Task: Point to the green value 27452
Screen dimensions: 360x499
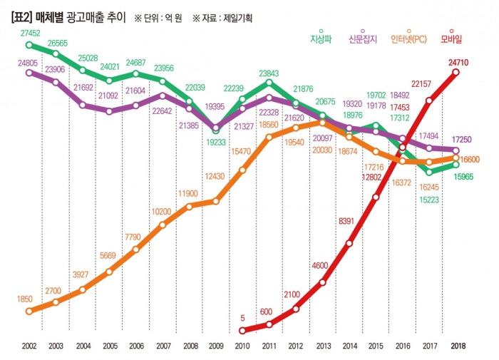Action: [x=31, y=34]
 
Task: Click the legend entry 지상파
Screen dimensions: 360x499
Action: [x=321, y=38]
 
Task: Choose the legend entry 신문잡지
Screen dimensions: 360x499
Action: [x=361, y=38]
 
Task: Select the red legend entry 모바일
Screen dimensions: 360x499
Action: [x=455, y=38]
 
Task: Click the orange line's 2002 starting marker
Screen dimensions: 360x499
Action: [x=29, y=311]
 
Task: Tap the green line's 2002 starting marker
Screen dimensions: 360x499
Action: [x=29, y=44]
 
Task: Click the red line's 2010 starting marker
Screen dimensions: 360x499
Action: [x=243, y=330]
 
